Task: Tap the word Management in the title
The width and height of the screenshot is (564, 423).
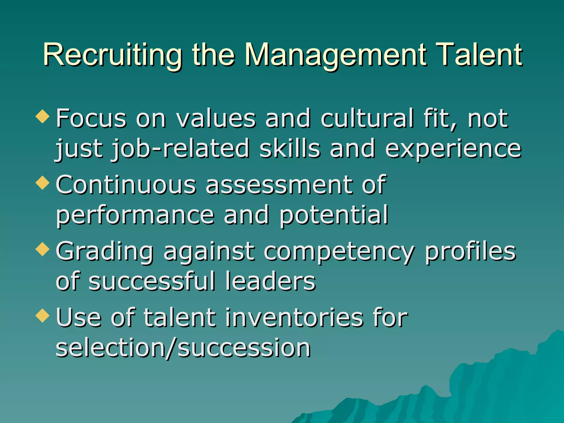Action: [336, 55]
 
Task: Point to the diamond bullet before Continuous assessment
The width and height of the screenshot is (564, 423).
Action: [42, 183]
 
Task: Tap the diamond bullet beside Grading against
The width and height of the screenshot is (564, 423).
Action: [42, 250]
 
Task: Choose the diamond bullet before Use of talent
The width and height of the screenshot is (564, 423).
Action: [42, 316]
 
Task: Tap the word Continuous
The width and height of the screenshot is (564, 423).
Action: [126, 185]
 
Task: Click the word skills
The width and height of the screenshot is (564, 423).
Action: [290, 149]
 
